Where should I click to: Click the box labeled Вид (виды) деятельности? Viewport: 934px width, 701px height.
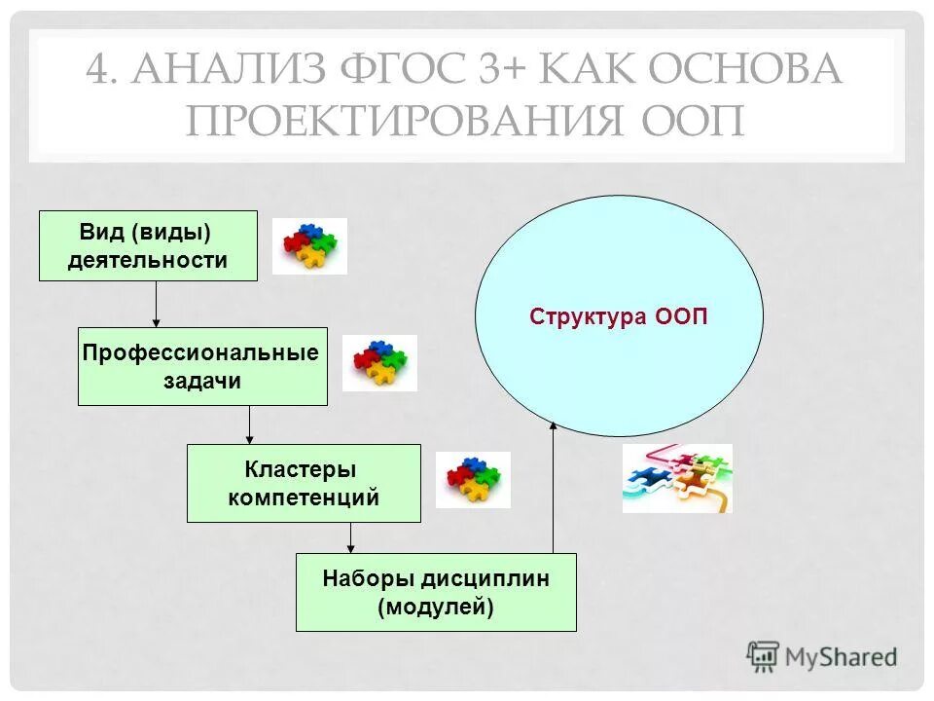[148, 245]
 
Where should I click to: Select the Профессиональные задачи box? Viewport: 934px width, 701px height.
[202, 366]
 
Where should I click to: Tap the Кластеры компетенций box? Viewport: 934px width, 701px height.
[304, 483]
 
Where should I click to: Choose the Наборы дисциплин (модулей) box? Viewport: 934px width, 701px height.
[436, 592]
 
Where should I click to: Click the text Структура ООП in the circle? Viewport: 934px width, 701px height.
[619, 317]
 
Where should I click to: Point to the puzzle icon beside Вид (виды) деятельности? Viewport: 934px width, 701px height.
[309, 245]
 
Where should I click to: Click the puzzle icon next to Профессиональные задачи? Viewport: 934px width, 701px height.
[379, 363]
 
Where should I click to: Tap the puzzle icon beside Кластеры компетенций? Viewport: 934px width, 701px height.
[473, 479]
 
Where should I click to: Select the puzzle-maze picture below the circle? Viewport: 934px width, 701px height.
[677, 478]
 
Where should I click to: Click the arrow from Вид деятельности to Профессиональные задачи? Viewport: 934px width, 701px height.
[157, 305]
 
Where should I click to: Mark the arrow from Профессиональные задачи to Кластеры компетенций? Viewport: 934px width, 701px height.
[250, 424]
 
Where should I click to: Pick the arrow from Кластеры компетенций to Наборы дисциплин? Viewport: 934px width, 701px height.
[351, 537]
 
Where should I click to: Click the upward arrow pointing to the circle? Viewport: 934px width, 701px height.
[553, 487]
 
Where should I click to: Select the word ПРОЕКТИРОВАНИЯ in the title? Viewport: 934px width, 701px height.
[399, 121]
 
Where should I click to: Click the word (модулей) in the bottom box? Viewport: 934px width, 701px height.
[436, 608]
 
